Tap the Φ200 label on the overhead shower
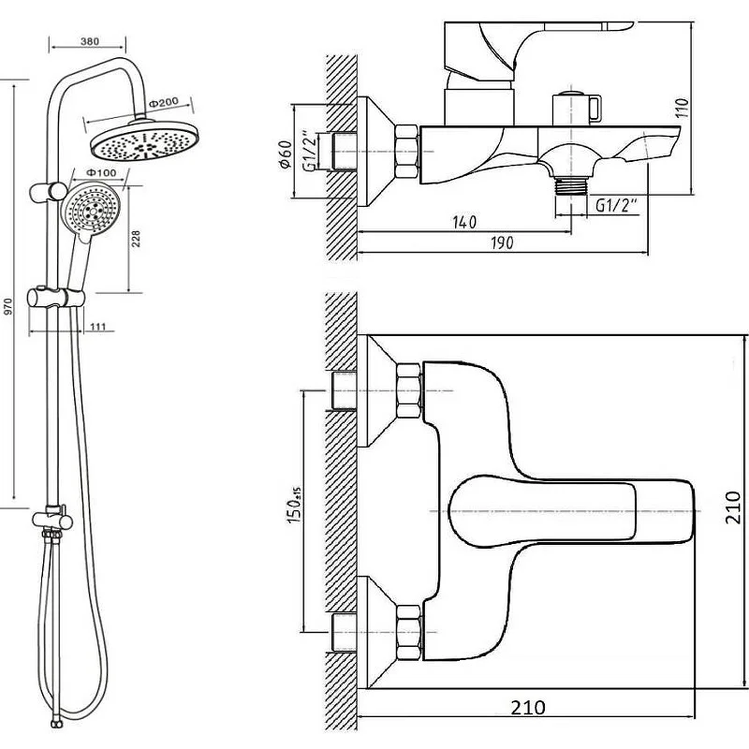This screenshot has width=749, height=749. [164, 102]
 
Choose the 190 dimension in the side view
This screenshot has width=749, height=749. [502, 242]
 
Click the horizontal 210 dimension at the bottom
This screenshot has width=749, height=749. [530, 708]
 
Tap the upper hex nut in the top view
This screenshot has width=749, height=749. [408, 389]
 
